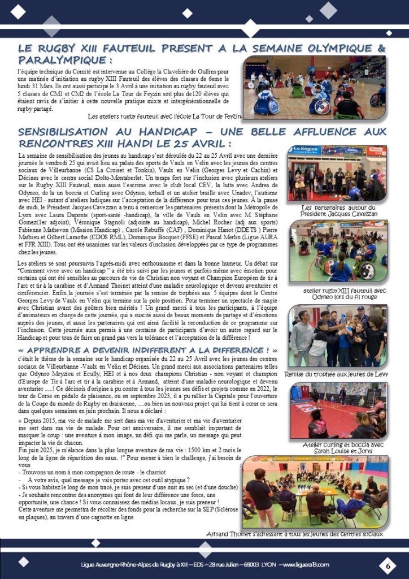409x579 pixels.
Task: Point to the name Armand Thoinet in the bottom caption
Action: coord(232,533)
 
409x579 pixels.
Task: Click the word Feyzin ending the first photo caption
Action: coord(229,116)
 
